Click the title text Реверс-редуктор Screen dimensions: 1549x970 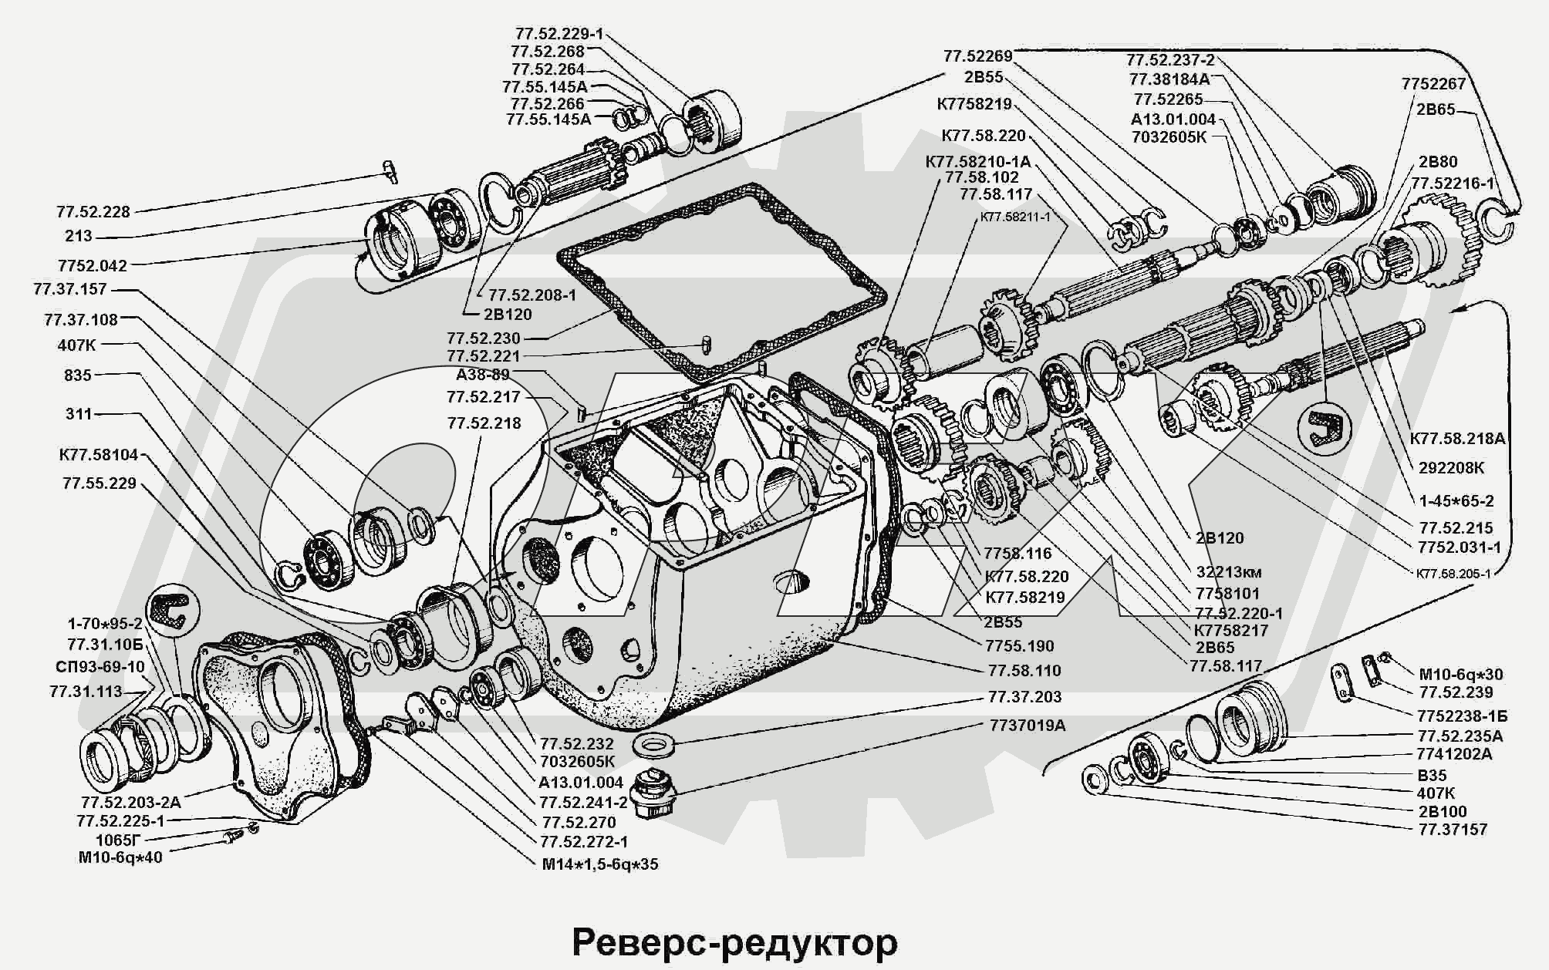point(734,942)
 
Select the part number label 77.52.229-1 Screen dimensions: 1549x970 point(559,34)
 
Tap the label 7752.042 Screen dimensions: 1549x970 point(92,266)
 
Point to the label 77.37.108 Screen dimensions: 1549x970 point(81,319)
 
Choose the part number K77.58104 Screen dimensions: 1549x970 point(99,455)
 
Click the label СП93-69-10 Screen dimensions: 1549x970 point(100,667)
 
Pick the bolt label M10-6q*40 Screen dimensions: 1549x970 point(120,857)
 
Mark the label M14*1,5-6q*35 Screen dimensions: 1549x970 point(599,864)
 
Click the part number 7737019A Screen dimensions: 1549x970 point(1027,726)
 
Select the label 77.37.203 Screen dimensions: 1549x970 point(1024,697)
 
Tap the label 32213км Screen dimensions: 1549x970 point(1230,573)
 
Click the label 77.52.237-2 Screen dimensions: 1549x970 point(1170,59)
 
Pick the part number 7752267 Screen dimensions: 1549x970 point(1433,84)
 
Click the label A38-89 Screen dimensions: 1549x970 point(483,375)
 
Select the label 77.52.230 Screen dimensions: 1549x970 point(484,338)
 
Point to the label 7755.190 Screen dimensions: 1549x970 point(1019,646)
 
